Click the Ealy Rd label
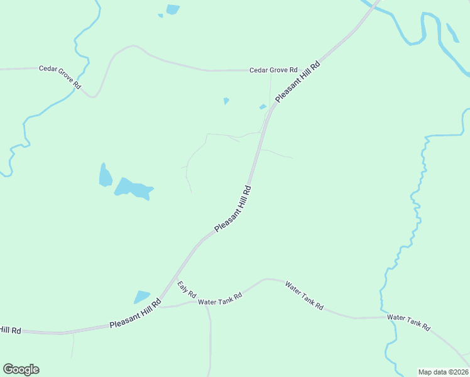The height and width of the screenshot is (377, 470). click(187, 289)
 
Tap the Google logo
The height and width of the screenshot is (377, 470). click(21, 369)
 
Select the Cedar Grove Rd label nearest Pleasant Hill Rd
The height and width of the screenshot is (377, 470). click(273, 70)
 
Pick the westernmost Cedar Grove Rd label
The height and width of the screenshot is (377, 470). click(60, 77)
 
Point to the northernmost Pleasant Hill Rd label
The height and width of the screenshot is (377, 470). click(298, 81)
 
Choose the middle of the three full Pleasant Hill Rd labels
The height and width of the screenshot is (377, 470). click(233, 209)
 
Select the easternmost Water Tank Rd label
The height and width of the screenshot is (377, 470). click(408, 323)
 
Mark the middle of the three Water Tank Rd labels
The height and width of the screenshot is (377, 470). click(304, 295)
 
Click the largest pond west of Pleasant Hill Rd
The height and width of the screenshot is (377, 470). click(134, 188)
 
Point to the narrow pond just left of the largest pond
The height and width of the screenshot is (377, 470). click(105, 175)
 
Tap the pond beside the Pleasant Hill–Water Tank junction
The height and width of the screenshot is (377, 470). click(142, 297)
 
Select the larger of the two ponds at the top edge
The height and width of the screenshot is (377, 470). click(172, 9)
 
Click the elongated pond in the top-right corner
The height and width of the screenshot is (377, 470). click(452, 32)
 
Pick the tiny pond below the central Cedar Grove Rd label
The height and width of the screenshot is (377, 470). click(226, 101)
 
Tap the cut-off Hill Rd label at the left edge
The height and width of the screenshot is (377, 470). click(11, 330)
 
